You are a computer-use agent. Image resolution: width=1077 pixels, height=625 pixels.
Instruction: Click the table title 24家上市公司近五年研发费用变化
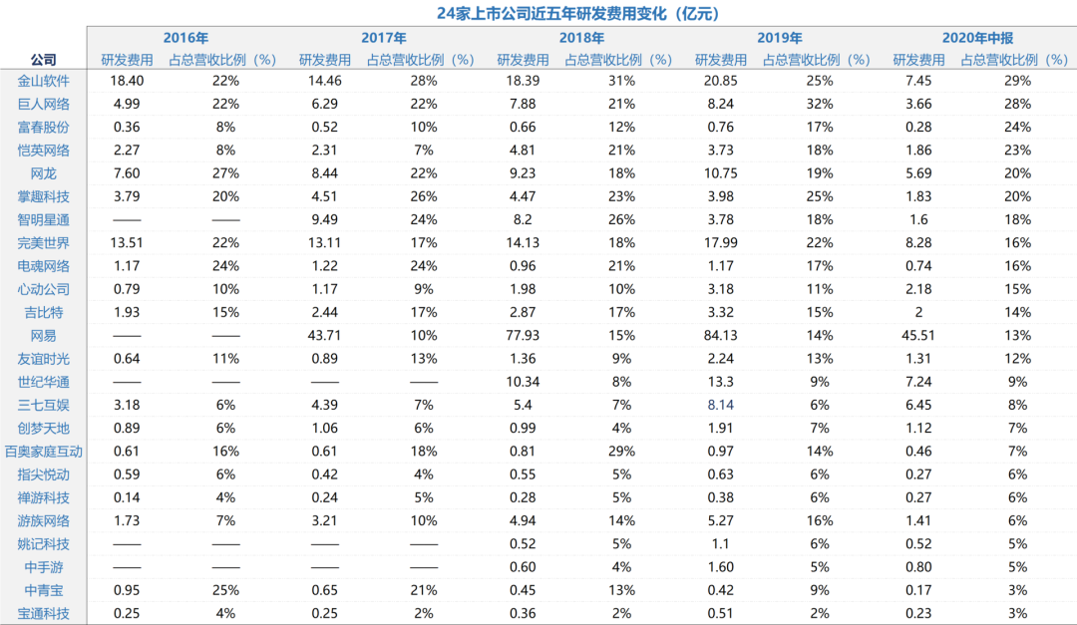pyautogui.click(x=577, y=13)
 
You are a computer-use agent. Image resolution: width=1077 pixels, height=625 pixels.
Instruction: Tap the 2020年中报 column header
pyautogui.click(x=977, y=38)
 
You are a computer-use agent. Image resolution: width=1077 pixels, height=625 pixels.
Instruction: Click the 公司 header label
pyautogui.click(x=44, y=60)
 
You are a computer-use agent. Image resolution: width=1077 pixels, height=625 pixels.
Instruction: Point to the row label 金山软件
pyautogui.click(x=44, y=81)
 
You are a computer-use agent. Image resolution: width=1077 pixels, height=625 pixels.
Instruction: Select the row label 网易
pyautogui.click(x=44, y=336)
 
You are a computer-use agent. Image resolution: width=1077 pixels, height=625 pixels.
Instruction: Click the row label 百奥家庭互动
pyautogui.click(x=44, y=452)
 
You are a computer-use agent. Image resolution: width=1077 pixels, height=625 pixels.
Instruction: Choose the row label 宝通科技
pyautogui.click(x=44, y=613)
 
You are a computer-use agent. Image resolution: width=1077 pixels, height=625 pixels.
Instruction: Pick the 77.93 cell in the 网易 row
pyautogui.click(x=523, y=336)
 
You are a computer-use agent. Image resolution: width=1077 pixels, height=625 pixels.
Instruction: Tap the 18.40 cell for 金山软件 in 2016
pyautogui.click(x=127, y=81)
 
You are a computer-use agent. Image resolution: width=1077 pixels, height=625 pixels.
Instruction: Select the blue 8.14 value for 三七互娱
pyautogui.click(x=721, y=405)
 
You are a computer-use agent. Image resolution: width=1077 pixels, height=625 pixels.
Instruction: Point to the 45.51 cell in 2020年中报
pyautogui.click(x=918, y=336)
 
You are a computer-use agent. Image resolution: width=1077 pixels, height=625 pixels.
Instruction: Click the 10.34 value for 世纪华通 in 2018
pyautogui.click(x=523, y=382)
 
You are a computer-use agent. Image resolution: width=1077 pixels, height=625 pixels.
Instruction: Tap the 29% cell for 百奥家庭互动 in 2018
pyautogui.click(x=621, y=452)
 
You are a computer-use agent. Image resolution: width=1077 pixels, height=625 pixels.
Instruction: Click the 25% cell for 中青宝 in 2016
pyautogui.click(x=225, y=590)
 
